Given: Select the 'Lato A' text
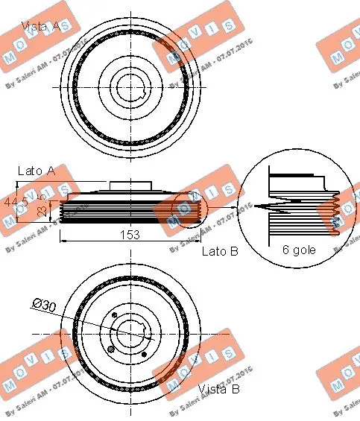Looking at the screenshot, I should point(37,171).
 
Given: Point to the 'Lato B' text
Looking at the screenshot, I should point(220,252).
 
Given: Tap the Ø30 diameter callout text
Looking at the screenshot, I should point(44,304).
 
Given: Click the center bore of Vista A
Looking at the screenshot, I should point(133,86).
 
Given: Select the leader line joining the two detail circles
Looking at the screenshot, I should point(223,206).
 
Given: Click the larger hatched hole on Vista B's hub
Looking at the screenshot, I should point(112,349).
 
